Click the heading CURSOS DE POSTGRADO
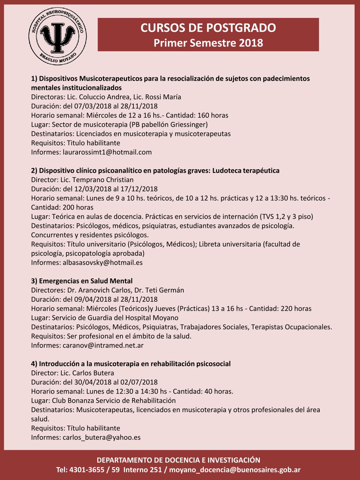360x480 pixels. click(x=208, y=28)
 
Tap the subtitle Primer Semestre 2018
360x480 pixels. click(x=208, y=43)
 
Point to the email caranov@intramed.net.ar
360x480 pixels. click(x=103, y=345)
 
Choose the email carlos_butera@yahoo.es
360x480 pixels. click(x=101, y=437)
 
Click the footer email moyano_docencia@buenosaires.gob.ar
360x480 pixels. click(x=235, y=470)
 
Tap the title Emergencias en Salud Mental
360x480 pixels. click(x=85, y=281)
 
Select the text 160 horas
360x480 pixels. click(x=213, y=115)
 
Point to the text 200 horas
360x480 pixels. click(x=78, y=207)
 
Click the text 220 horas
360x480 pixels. click(x=296, y=308)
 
